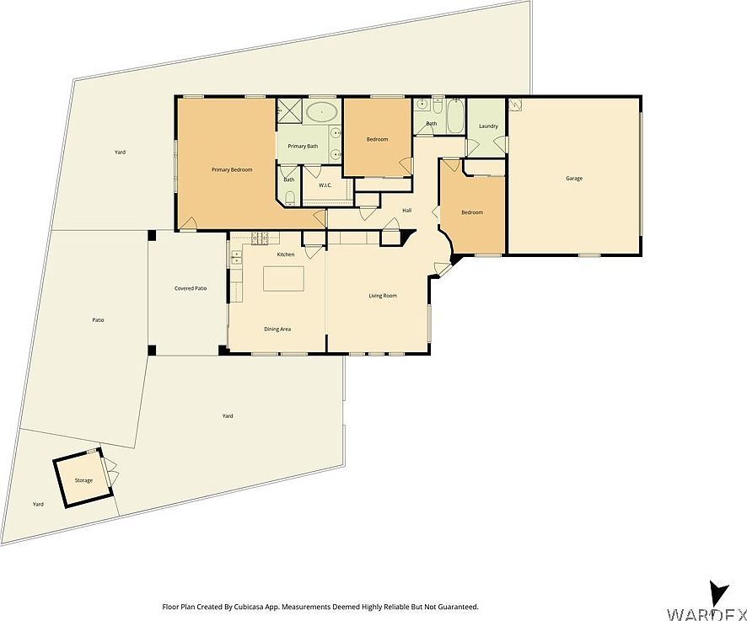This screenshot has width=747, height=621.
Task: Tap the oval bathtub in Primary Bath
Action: [322, 113]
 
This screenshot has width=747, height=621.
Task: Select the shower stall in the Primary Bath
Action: [289, 110]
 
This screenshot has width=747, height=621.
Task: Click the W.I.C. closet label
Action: [325, 185]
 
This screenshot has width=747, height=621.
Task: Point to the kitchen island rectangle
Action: [283, 278]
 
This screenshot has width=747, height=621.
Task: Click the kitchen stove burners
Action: [261, 237]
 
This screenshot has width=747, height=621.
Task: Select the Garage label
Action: [574, 178]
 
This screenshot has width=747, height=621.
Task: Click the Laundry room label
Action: [487, 126]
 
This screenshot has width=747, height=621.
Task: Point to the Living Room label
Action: [382, 296]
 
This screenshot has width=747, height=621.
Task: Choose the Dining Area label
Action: [277, 329]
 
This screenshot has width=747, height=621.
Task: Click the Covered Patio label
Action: [191, 288]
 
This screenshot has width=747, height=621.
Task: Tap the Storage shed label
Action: [83, 480]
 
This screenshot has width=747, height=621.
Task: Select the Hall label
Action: [406, 211]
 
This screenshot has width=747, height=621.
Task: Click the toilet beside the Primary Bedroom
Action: [289, 197]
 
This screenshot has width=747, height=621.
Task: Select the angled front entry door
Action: [443, 269]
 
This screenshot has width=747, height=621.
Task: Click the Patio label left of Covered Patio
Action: [98, 320]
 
